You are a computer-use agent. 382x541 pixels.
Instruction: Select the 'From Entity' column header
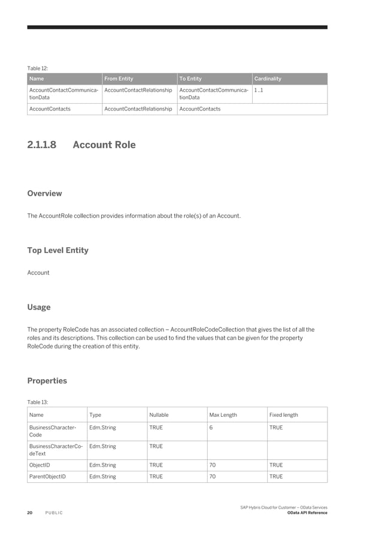point(119,79)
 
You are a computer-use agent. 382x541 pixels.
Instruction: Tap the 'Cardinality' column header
point(268,79)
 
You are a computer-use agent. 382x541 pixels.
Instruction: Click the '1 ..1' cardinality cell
point(259,90)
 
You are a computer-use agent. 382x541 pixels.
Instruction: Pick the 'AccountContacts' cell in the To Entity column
point(200,109)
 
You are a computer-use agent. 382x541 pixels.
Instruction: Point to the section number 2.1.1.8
point(46,145)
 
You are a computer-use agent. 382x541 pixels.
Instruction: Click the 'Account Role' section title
point(104,145)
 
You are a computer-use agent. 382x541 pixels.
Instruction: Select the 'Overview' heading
point(44,194)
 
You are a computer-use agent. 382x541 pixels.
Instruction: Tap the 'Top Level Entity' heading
point(57,250)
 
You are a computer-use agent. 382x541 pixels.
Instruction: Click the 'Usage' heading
point(39,307)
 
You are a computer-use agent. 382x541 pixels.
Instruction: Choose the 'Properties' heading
point(47,381)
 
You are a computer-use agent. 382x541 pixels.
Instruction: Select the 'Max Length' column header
point(223,415)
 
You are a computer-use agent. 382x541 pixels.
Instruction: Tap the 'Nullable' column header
point(159,415)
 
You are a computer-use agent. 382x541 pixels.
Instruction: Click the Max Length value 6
point(211,428)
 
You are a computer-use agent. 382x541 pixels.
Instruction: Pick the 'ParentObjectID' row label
point(47,477)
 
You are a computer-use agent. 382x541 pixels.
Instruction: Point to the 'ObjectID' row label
point(40,465)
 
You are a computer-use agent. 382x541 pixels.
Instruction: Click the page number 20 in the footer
point(29,513)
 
